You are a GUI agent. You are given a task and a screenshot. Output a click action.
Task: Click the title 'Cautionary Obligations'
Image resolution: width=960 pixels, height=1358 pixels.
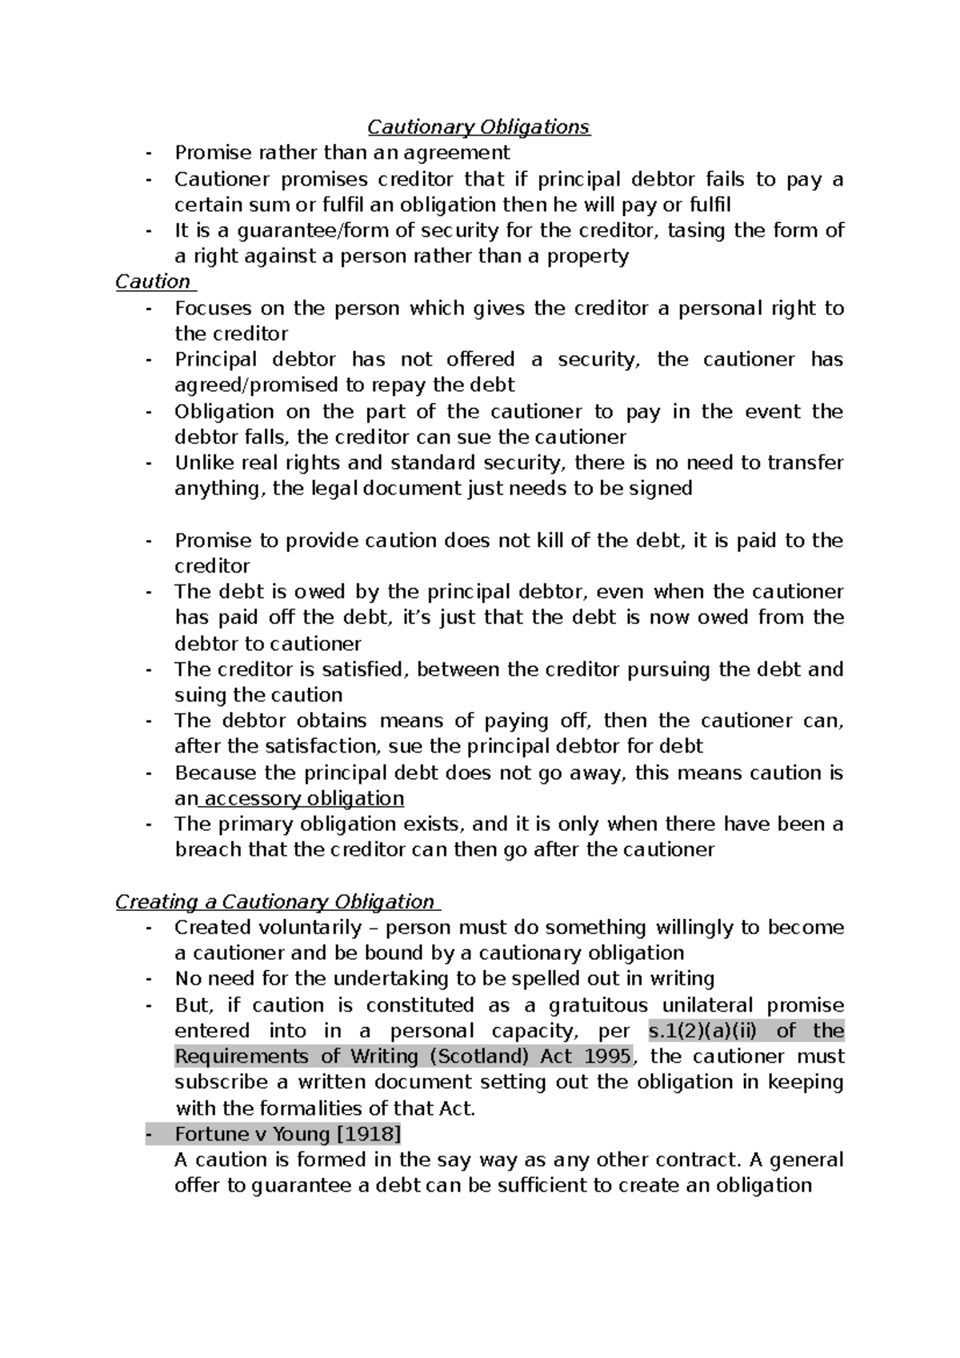click(x=478, y=127)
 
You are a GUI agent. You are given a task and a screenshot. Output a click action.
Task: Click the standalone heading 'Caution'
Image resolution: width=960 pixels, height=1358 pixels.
click(x=153, y=282)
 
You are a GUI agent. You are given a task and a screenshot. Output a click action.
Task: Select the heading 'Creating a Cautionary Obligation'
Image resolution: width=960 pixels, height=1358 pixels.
click(x=274, y=902)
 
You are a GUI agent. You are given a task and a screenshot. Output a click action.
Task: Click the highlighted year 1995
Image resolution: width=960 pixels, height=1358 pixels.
click(x=607, y=1056)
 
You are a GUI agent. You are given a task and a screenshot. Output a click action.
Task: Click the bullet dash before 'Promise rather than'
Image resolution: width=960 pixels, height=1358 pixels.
click(x=149, y=154)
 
